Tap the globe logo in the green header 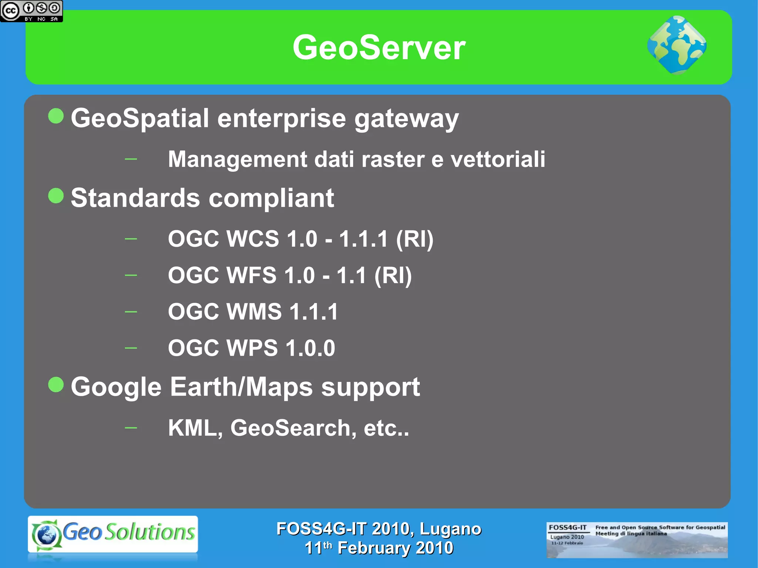point(677,45)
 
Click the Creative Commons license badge point(31,11)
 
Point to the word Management point(237,159)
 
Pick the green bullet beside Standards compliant point(56,195)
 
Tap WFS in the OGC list point(251,275)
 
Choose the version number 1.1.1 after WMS point(314,311)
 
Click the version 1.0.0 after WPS point(310,348)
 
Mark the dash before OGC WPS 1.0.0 point(131,348)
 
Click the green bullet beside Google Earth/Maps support point(56,384)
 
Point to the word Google point(116,387)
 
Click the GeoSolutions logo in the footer point(113,534)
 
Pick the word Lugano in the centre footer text point(450,529)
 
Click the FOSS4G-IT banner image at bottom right point(637,540)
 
